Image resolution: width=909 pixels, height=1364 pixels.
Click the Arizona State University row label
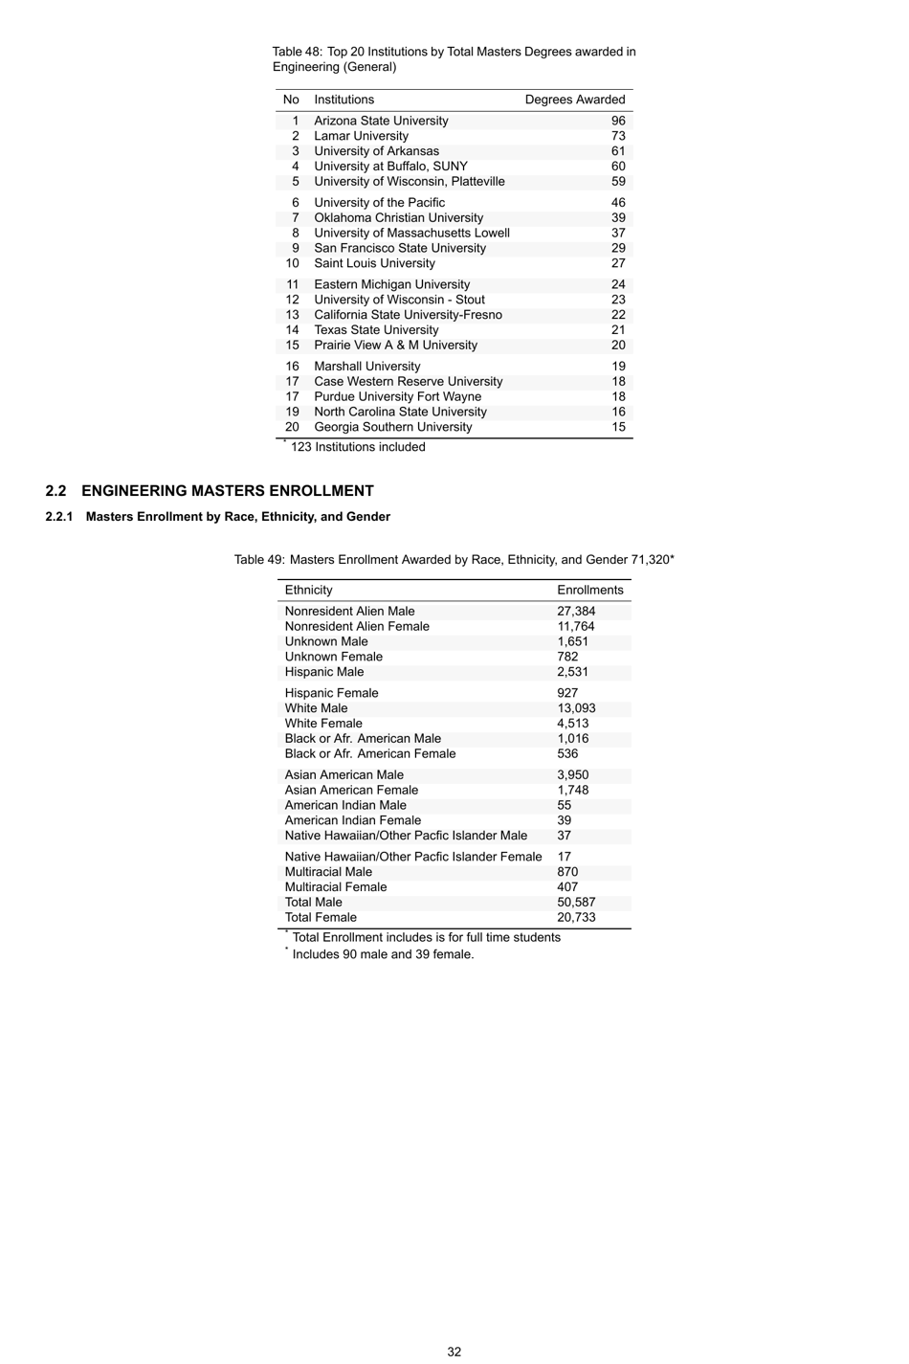point(381,121)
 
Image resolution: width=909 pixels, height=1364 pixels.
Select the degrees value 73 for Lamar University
point(618,136)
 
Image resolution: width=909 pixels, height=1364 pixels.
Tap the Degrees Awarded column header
point(574,100)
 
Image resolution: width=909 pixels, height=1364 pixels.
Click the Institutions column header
point(344,100)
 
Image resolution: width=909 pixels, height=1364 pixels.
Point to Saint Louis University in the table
point(374,263)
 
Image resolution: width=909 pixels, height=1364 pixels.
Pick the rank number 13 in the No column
point(292,315)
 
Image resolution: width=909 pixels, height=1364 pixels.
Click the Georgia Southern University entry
point(392,427)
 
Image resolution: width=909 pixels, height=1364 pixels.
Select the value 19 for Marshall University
point(618,367)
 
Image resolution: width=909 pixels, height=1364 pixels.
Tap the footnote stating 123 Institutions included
point(357,447)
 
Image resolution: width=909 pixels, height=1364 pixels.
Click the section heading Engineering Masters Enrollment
point(227,491)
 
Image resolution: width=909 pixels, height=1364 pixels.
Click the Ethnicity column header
point(308,591)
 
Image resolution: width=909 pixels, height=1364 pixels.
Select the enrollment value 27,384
point(576,612)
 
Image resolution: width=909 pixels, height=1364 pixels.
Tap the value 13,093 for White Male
point(576,708)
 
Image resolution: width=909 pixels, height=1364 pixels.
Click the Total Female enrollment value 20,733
point(576,918)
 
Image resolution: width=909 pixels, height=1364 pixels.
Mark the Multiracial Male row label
point(328,872)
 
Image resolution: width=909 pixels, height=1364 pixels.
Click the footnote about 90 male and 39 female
point(382,954)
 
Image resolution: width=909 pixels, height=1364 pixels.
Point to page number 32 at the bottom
point(454,1352)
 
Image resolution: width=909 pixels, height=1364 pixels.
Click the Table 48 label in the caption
point(297,52)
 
